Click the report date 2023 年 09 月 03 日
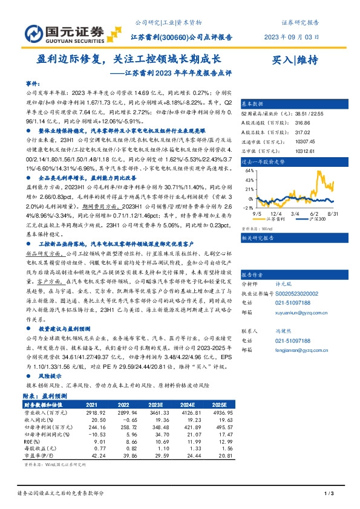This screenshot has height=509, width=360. [x=290, y=37]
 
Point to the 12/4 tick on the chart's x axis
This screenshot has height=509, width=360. [x=275, y=213]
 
